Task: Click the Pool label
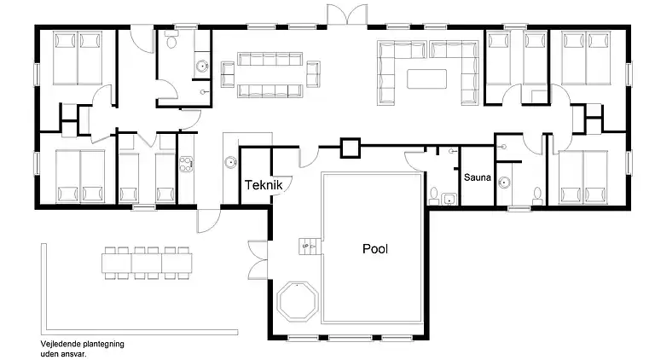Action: click(x=374, y=249)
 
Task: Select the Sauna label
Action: click(x=478, y=178)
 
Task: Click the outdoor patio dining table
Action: click(x=146, y=262)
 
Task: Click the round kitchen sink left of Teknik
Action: click(x=230, y=163)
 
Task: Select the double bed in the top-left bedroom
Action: click(x=78, y=57)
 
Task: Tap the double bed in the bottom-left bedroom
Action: click(x=79, y=177)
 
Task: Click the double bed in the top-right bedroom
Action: click(x=588, y=57)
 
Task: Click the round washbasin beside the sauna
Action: click(x=505, y=181)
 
